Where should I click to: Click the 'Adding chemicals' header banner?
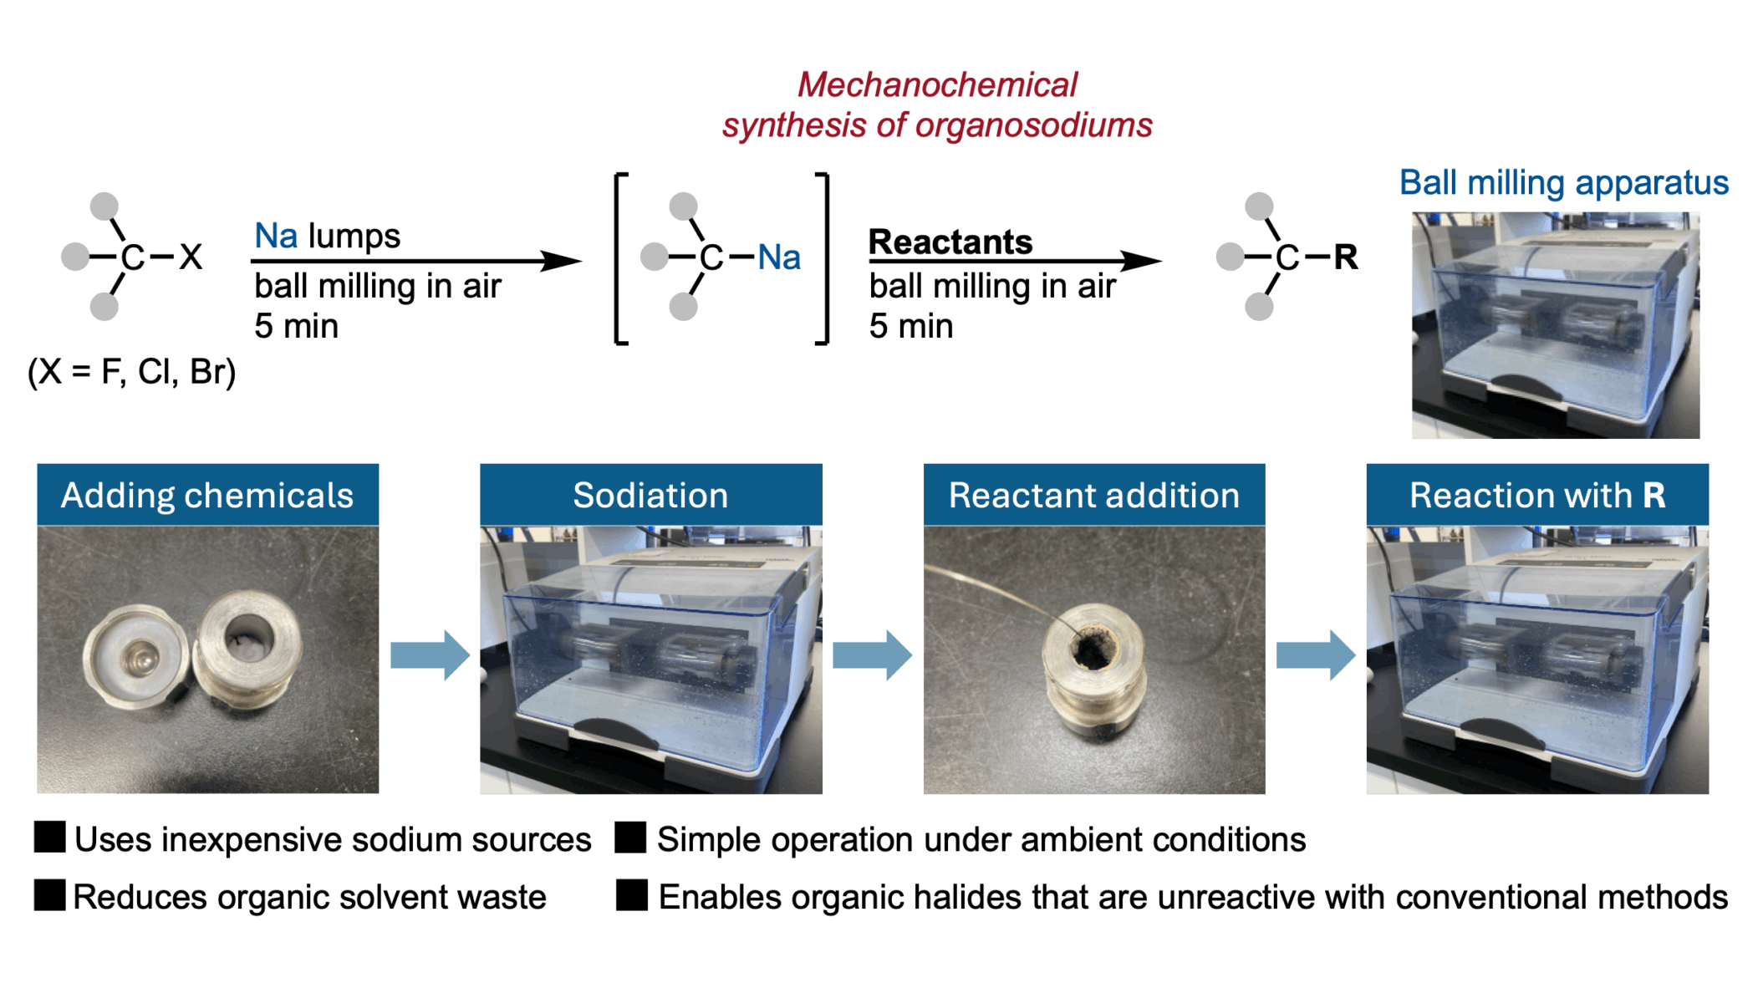(x=207, y=495)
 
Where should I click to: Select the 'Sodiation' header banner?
(x=650, y=495)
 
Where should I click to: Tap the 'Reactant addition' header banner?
(x=1093, y=495)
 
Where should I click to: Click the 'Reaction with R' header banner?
(x=1536, y=495)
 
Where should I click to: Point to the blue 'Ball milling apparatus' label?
(x=1563, y=183)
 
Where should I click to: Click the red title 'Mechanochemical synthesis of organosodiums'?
(x=937, y=105)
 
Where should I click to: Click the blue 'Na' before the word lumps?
(x=276, y=237)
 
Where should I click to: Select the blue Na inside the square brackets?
(x=778, y=257)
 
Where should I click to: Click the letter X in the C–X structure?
(x=191, y=257)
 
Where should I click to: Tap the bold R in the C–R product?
(x=1345, y=257)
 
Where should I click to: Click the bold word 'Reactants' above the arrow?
(x=950, y=242)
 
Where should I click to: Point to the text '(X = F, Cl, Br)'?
(x=132, y=371)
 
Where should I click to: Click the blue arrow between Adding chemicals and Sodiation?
(x=430, y=654)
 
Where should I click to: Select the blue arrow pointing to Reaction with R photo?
(x=1315, y=654)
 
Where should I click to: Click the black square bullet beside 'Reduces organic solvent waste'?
(x=49, y=894)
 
